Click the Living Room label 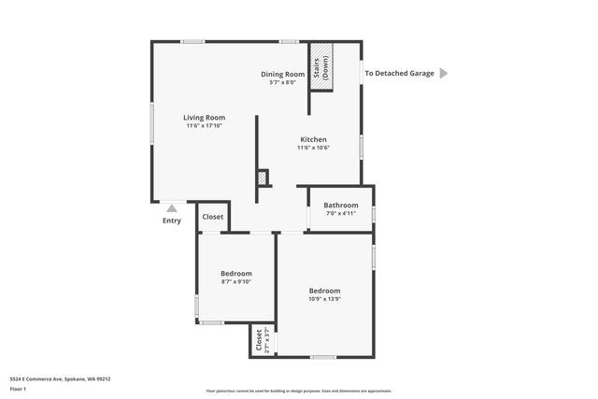[205, 118]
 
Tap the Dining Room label [282, 74]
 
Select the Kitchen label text [313, 139]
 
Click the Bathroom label [341, 205]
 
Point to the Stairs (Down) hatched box [320, 66]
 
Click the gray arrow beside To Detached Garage [444, 73]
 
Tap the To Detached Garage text [399, 73]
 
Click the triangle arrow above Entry [171, 209]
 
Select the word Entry [172, 221]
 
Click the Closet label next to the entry [212, 217]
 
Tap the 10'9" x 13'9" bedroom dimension [324, 299]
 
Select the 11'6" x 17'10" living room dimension [205, 126]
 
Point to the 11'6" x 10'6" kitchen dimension [313, 148]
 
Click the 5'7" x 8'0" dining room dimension [282, 82]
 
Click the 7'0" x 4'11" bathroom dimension [341, 213]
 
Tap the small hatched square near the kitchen [263, 177]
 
